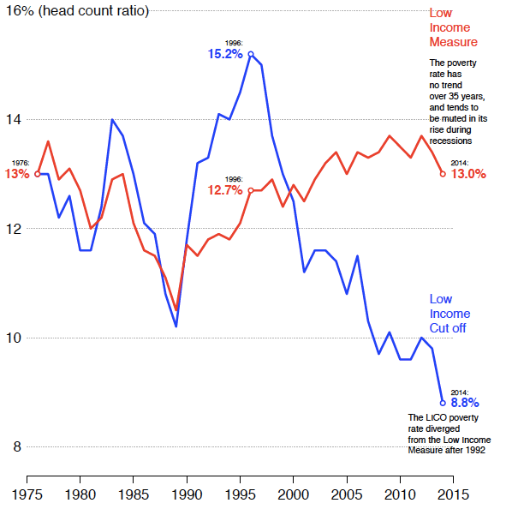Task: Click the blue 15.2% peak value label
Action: click(225, 54)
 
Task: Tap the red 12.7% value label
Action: click(225, 190)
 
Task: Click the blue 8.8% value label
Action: click(464, 402)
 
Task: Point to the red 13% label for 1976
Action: click(17, 174)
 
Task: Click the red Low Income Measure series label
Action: click(453, 27)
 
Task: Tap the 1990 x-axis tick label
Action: click(186, 494)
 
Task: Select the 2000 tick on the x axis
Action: click(293, 494)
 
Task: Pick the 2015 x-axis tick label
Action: click(453, 494)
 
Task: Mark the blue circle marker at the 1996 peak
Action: click(251, 54)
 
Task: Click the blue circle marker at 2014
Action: click(443, 402)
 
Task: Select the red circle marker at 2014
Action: click(443, 174)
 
